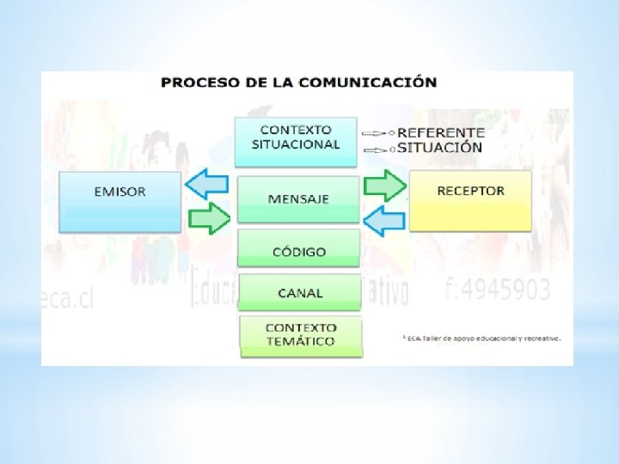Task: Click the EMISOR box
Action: pyautogui.click(x=120, y=201)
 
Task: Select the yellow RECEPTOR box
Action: pyautogui.click(x=470, y=200)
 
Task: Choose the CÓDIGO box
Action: pyautogui.click(x=299, y=249)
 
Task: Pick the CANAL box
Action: pyautogui.click(x=300, y=292)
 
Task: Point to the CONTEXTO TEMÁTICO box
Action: pyautogui.click(x=301, y=335)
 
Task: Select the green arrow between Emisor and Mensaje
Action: pyautogui.click(x=209, y=218)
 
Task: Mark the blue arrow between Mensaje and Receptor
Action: pyautogui.click(x=384, y=221)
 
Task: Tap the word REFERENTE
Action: pyautogui.click(x=441, y=133)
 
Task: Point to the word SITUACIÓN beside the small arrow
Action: pyautogui.click(x=440, y=148)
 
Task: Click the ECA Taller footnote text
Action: pyautogui.click(x=481, y=339)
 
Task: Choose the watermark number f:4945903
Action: pyautogui.click(x=499, y=290)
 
